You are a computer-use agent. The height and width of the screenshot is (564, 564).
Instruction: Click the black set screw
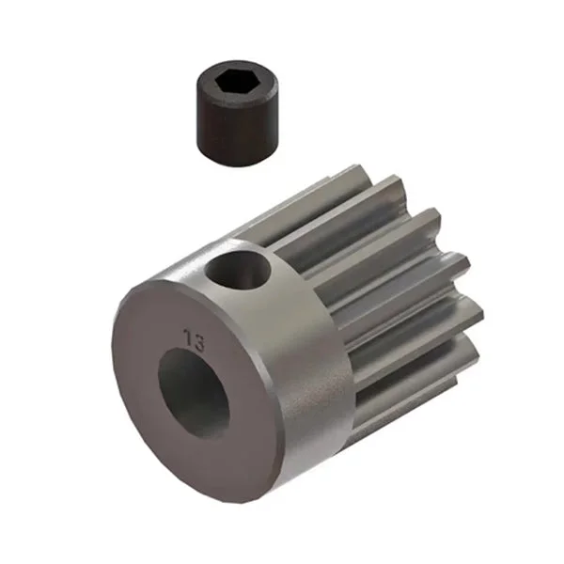point(238,114)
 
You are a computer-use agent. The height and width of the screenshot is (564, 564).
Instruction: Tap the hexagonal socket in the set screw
point(232,81)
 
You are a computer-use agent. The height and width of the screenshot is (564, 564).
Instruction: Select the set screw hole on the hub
point(238,270)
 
